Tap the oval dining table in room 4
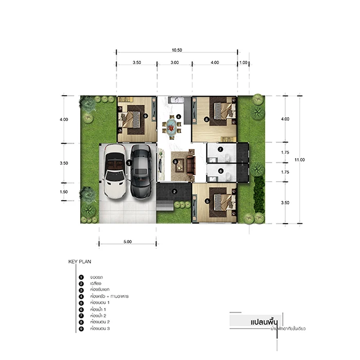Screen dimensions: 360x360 pyautogui.click(x=170, y=125)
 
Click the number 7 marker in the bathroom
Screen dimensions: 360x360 pyautogui.click(x=220, y=150)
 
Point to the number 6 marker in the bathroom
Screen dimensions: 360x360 pyautogui.click(x=220, y=171)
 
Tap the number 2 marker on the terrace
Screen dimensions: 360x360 pyautogui.click(x=174, y=192)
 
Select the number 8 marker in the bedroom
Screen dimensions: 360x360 pyautogui.click(x=206, y=119)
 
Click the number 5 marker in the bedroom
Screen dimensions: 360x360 pyautogui.click(x=207, y=202)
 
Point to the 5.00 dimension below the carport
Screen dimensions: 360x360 pyautogui.click(x=128, y=241)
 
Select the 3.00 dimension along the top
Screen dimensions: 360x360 pyautogui.click(x=174, y=62)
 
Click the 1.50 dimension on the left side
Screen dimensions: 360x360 pyautogui.click(x=64, y=192)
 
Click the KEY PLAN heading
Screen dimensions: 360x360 pyautogui.click(x=79, y=261)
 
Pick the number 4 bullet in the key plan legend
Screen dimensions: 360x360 pyautogui.click(x=81, y=296)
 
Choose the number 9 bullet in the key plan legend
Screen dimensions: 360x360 pyautogui.click(x=81, y=328)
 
